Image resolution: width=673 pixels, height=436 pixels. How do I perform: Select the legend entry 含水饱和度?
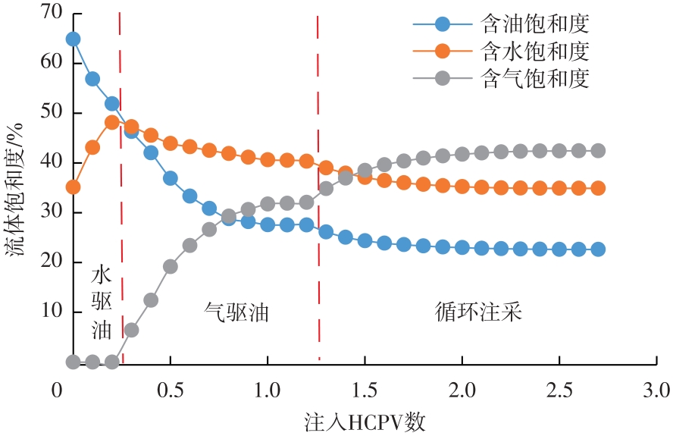[535, 51]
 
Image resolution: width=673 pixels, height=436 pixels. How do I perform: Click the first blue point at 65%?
[73, 39]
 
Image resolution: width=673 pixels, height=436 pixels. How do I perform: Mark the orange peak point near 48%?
[112, 122]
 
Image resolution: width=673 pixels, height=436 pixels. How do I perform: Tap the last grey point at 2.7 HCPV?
[598, 150]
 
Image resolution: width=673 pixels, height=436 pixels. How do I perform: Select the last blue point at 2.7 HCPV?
[598, 249]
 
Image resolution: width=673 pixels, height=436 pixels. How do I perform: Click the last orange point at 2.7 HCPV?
[598, 188]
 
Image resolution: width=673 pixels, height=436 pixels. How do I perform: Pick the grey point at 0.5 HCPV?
[171, 266]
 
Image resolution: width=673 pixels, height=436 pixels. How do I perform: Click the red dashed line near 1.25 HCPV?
[318, 190]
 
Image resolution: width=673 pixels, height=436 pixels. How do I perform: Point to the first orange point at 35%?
[73, 187]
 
